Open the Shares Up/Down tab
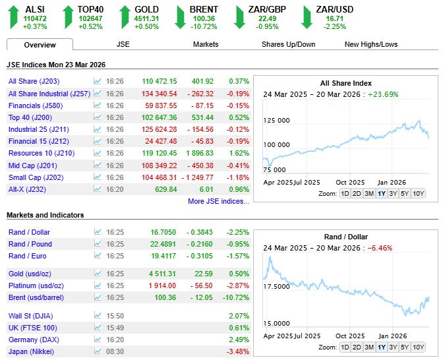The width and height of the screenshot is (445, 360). point(288,44)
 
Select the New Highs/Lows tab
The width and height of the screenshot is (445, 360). point(371,44)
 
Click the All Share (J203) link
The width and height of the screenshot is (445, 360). point(34,81)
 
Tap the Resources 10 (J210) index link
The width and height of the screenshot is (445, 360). point(42,153)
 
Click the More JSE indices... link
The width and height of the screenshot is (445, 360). point(218,201)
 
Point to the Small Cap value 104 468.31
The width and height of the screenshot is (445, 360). point(159,177)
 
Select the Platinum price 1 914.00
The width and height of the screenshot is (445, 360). point(162,285)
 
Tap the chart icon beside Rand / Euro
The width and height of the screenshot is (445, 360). point(98,256)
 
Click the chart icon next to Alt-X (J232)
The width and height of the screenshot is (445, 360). point(97,189)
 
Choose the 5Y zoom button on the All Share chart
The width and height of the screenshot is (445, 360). point(404,194)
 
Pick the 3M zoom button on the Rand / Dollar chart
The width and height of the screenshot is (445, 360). point(369,347)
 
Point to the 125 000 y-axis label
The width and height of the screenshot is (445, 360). point(276,121)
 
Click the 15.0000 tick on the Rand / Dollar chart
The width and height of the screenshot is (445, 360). point(276,323)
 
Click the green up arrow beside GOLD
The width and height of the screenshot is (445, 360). point(125,17)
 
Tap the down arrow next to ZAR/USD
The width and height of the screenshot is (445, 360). point(307,17)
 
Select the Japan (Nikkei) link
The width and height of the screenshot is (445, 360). point(31,351)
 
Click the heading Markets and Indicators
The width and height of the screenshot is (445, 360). point(45,215)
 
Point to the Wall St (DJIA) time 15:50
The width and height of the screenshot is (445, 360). point(115,316)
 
